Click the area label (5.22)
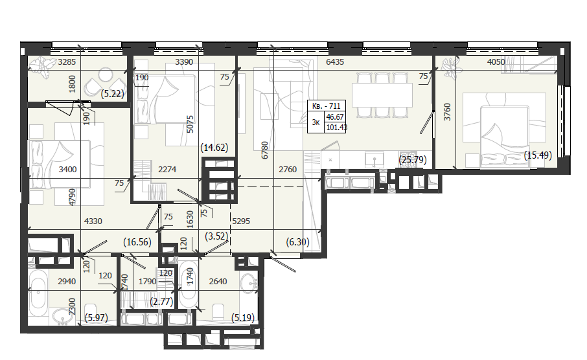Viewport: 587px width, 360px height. pyautogui.click(x=112, y=94)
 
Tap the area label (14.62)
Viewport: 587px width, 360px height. pyautogui.click(x=214, y=148)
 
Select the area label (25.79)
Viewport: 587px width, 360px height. pyautogui.click(x=413, y=160)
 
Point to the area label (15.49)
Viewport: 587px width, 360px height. pyautogui.click(x=538, y=155)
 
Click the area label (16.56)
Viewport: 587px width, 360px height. pyautogui.click(x=137, y=242)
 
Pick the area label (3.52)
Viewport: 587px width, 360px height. pyautogui.click(x=217, y=236)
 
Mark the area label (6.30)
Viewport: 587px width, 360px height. pyautogui.click(x=297, y=242)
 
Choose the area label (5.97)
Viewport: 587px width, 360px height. pyautogui.click(x=96, y=318)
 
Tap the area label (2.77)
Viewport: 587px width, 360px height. pyautogui.click(x=161, y=301)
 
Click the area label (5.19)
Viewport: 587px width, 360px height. pyautogui.click(x=243, y=318)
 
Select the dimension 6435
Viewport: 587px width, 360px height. pyautogui.click(x=335, y=62)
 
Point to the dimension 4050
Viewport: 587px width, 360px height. pyautogui.click(x=496, y=62)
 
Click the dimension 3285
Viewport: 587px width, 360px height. pyautogui.click(x=67, y=62)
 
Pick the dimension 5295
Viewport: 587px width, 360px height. pyautogui.click(x=241, y=221)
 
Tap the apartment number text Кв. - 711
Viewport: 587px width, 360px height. pyautogui.click(x=327, y=106)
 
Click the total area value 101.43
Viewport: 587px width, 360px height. pyautogui.click(x=336, y=128)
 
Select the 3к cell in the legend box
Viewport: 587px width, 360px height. pyautogui.click(x=316, y=122)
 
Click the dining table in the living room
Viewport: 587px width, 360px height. pyautogui.click(x=382, y=95)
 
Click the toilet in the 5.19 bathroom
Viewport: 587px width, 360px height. pyautogui.click(x=218, y=312)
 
